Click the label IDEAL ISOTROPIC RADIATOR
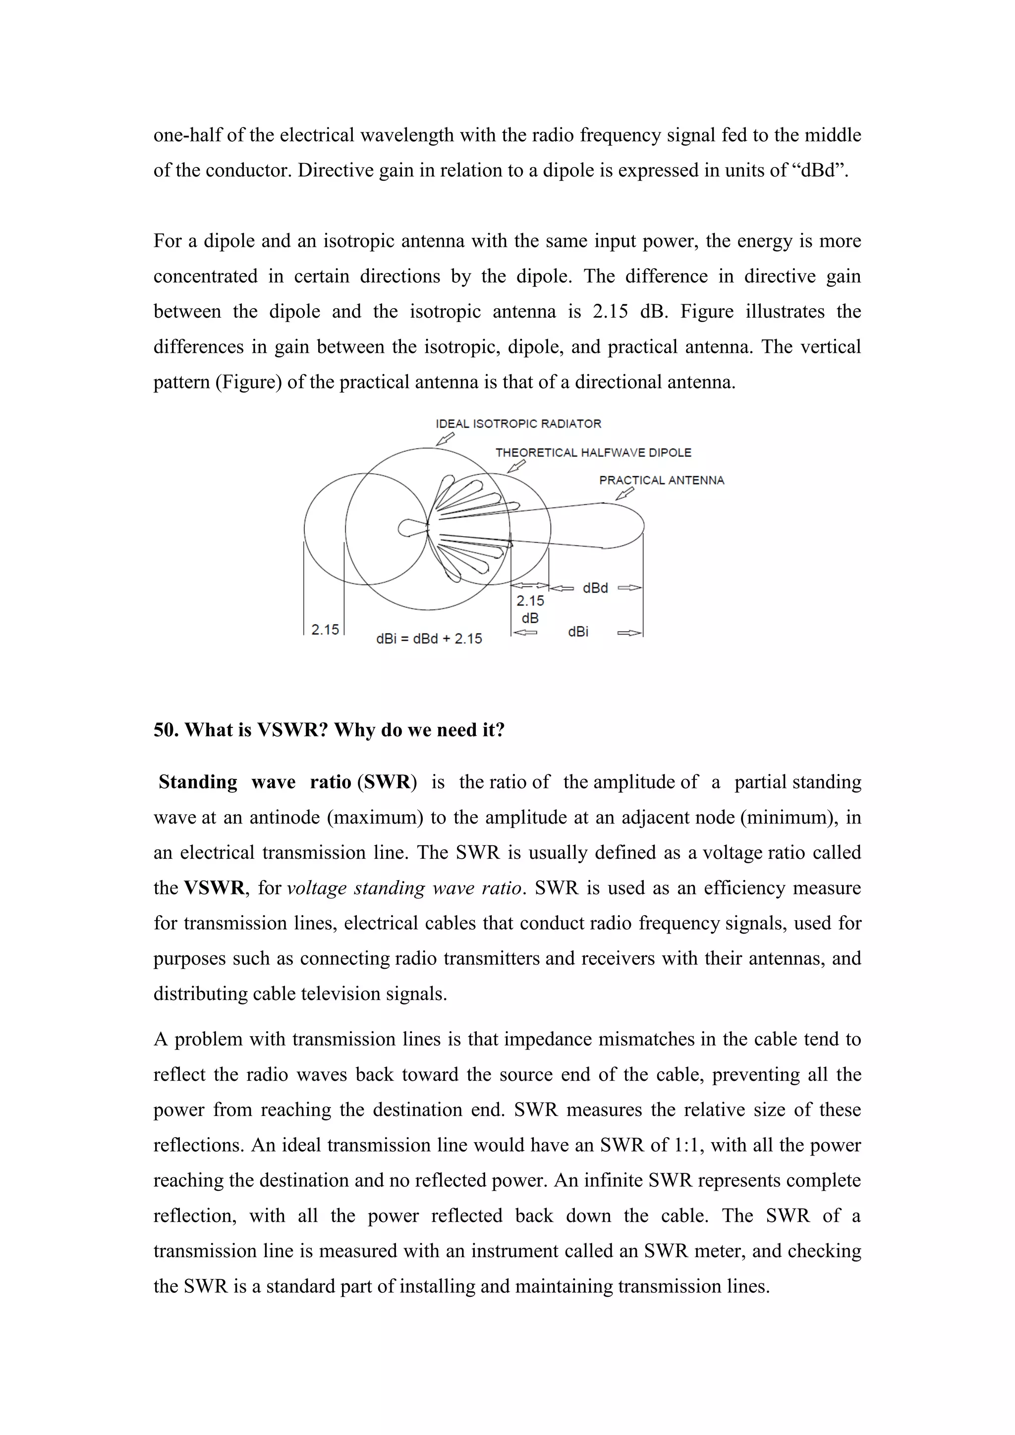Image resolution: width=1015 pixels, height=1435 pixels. [518, 424]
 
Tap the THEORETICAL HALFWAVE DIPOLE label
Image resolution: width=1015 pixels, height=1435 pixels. [593, 452]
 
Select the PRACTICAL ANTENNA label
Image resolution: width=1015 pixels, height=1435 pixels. [661, 481]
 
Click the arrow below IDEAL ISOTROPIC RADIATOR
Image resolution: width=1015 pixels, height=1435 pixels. [445, 440]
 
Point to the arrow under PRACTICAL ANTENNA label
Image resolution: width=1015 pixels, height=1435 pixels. [624, 494]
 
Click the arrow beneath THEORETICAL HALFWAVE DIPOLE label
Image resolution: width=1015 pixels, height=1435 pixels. [516, 466]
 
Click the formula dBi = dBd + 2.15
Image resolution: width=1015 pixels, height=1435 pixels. [429, 639]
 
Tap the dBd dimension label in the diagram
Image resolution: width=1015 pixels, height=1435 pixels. [595, 588]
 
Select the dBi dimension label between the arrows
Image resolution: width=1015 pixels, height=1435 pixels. [578, 632]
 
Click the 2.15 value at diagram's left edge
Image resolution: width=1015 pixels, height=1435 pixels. [325, 629]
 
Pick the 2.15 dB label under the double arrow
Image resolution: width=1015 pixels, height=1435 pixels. [530, 609]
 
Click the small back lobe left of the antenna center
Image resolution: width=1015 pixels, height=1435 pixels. [409, 529]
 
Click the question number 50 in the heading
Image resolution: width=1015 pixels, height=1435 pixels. [166, 730]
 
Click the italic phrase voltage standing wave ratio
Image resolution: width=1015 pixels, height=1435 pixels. [404, 888]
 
